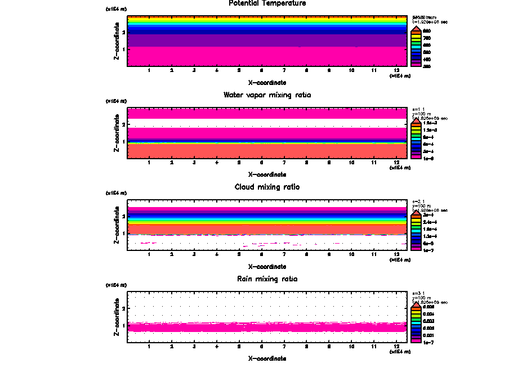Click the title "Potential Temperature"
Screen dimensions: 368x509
pos(267,3)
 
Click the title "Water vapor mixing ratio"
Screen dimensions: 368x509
pos(267,95)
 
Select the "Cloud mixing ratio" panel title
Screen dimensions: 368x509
pos(267,187)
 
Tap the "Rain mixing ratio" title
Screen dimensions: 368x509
pos(267,279)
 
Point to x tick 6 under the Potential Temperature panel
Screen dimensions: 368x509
pos(261,70)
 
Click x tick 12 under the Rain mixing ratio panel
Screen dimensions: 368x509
pos(397,347)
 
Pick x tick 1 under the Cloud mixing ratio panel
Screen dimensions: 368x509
pos(149,254)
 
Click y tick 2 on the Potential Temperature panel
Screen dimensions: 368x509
pos(123,33)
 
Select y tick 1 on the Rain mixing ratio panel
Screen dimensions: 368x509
pos(123,326)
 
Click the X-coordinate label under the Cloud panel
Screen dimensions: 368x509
pos(267,266)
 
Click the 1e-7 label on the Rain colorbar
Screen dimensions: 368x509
pos(427,342)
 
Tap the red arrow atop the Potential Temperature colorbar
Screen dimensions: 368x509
pos(417,28)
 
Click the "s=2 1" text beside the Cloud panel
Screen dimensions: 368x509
pos(418,201)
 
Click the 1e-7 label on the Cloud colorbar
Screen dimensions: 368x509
pos(427,250)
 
